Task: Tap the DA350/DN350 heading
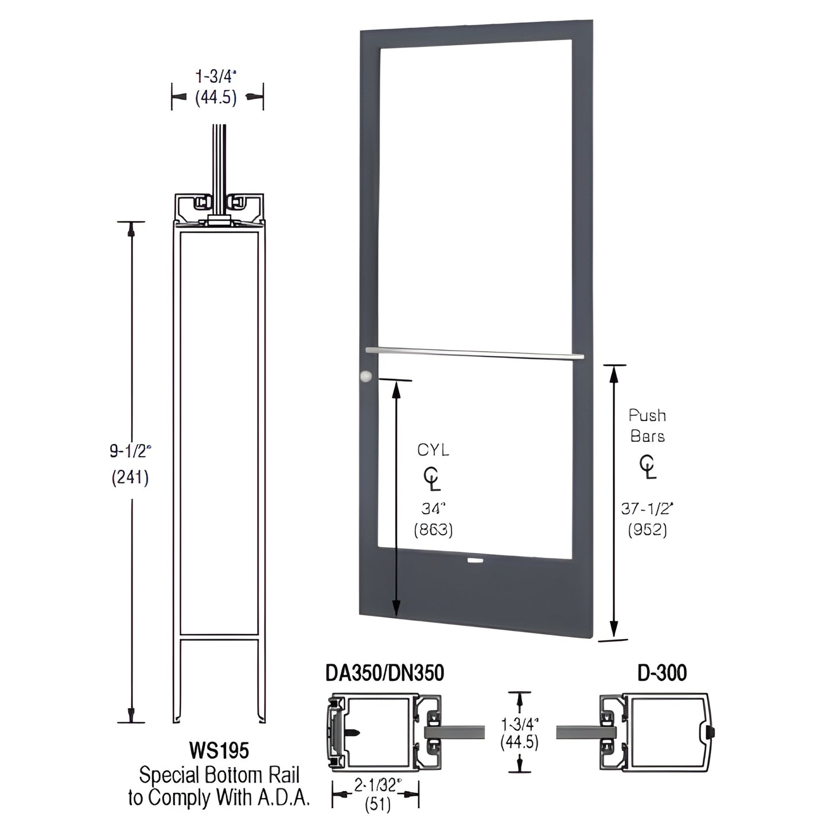[384, 673]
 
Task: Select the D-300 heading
[662, 673]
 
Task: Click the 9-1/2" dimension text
[130, 451]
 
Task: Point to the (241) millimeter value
[130, 477]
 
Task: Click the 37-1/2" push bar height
[647, 508]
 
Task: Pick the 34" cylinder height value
[433, 508]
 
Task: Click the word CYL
[433, 450]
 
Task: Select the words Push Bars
[647, 425]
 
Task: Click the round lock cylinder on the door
[365, 376]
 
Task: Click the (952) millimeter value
[647, 530]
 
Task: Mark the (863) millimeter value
[433, 530]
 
